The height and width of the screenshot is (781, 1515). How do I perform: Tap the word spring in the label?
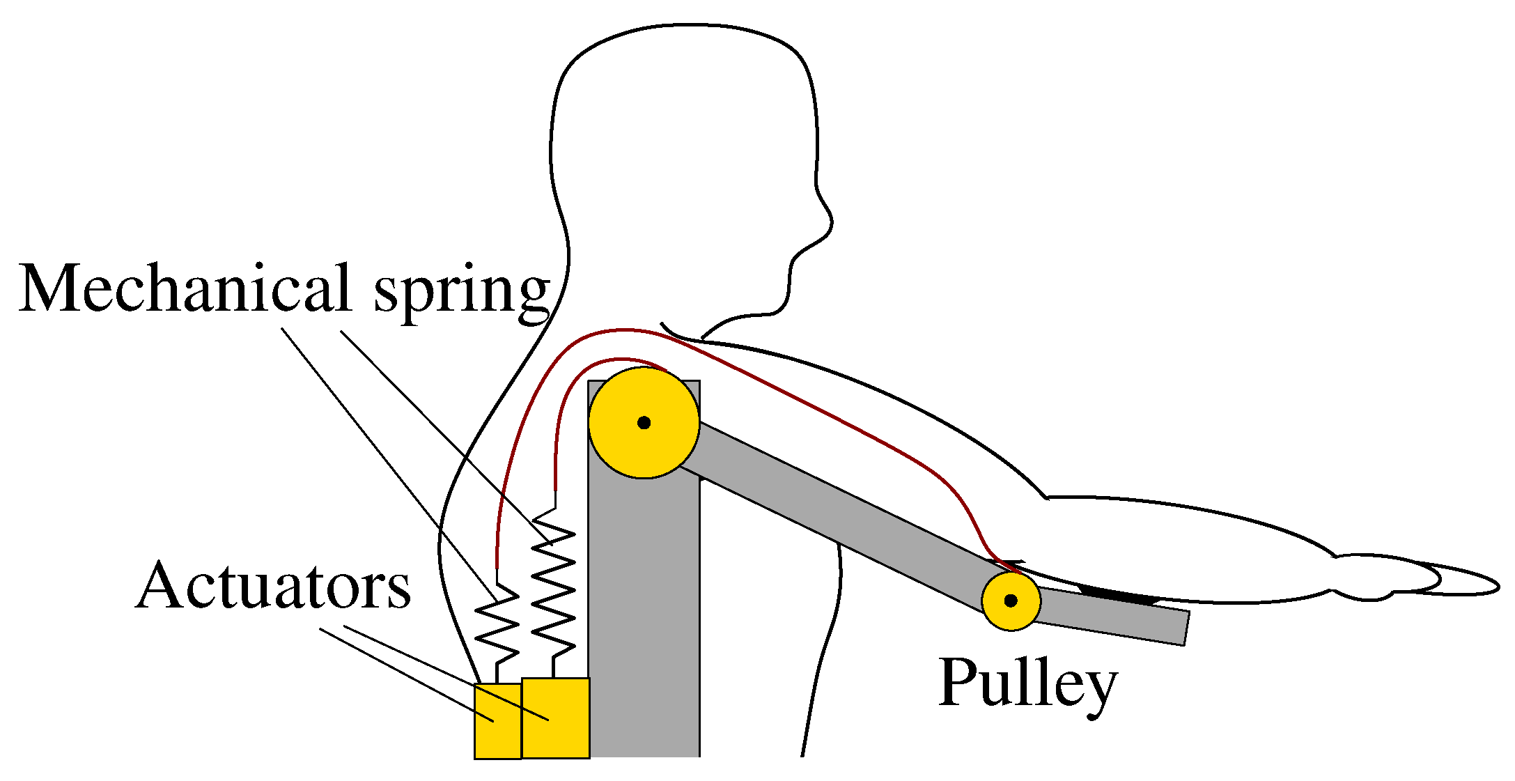[463, 293]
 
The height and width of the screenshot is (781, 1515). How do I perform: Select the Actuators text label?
[274, 587]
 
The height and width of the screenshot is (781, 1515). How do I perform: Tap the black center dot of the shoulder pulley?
[644, 423]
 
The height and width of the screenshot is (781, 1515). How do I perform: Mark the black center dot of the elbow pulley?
[1011, 601]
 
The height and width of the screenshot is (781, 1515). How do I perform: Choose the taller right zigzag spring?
[554, 585]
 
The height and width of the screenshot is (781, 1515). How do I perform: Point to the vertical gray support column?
[644, 627]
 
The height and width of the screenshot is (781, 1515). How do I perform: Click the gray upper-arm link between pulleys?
[836, 509]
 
